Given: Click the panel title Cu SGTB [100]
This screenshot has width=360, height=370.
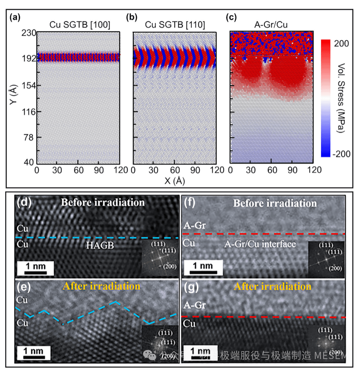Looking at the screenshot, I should coord(80,25).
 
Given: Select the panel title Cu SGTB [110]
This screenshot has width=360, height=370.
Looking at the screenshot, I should coord(175,25).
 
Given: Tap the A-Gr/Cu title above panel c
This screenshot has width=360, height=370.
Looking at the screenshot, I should coord(271,25).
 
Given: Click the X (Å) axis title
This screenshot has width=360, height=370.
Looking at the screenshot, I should coord(175,181).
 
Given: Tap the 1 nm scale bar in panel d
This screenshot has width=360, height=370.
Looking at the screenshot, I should coord(36,268).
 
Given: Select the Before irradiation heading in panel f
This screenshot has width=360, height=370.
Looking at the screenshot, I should coord(275,203).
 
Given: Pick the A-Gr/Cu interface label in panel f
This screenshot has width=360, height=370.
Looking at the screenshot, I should coord(260,244).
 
